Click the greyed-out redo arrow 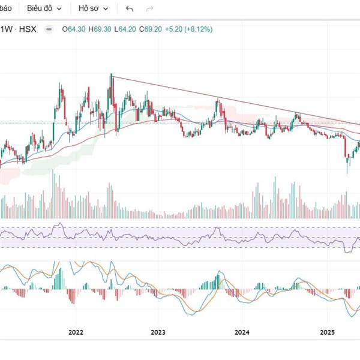(150, 9)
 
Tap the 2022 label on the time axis (76, 332)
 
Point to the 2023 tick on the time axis (158, 332)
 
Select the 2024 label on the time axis (242, 332)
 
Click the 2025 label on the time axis (327, 332)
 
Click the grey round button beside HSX (49, 29)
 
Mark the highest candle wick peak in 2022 (112, 75)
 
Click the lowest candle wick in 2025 (347, 173)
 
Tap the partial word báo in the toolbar (5, 9)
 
